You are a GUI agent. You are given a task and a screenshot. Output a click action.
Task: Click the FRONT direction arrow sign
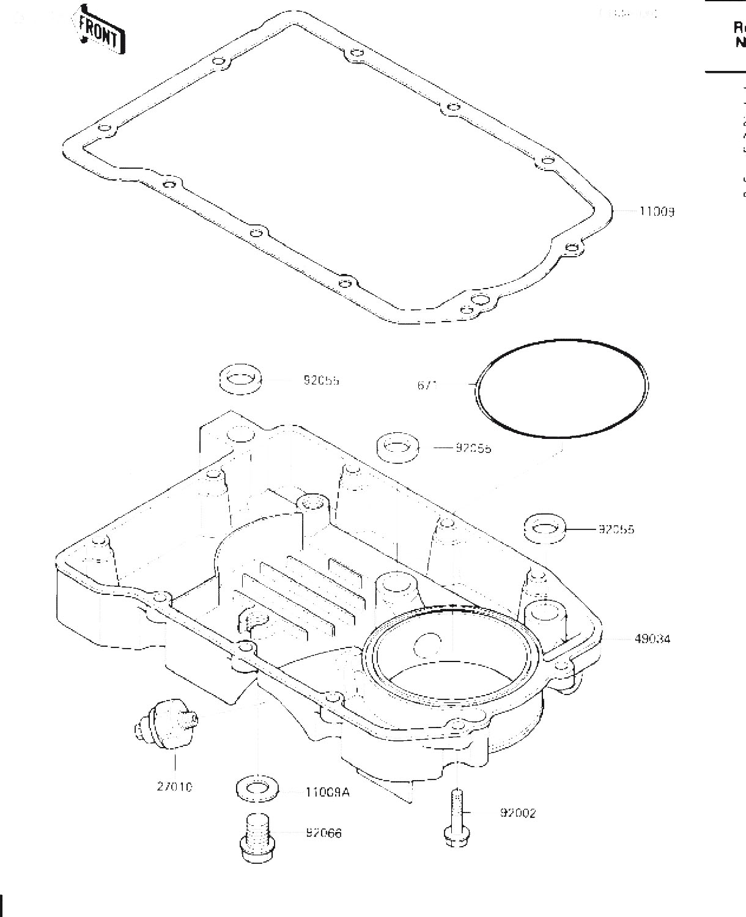click(100, 30)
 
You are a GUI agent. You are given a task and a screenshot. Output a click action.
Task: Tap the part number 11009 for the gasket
click(657, 212)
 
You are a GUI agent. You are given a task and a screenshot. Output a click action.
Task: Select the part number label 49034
click(652, 639)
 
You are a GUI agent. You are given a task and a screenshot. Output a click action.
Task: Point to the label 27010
click(174, 787)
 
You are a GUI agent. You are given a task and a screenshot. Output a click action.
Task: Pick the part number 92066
click(323, 833)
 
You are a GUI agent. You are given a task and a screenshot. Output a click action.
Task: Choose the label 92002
click(517, 813)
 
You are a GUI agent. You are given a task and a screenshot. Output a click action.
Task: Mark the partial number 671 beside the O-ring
click(427, 385)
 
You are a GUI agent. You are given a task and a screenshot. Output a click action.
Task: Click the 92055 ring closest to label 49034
click(544, 528)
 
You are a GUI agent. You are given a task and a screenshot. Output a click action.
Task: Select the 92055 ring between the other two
click(397, 447)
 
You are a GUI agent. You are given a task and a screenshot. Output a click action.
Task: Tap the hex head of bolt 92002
click(454, 838)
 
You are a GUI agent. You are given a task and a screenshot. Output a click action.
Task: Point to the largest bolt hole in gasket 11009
click(481, 298)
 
